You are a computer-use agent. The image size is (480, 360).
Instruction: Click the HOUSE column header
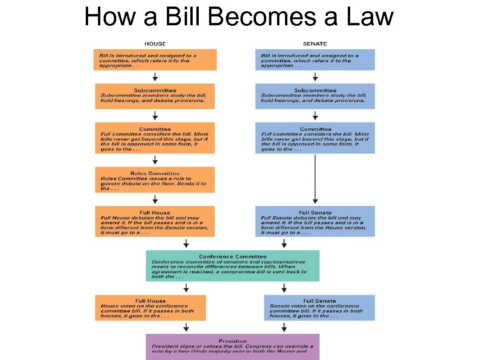click(x=155, y=44)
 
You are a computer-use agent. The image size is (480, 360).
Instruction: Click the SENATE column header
click(x=315, y=44)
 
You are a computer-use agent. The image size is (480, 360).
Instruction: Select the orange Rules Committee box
click(x=155, y=180)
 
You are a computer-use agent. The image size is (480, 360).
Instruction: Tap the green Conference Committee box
click(x=232, y=266)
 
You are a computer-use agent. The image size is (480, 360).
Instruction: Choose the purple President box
click(x=232, y=346)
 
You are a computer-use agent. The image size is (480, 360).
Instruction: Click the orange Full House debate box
click(x=155, y=221)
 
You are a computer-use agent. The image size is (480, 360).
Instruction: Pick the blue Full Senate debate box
click(x=315, y=221)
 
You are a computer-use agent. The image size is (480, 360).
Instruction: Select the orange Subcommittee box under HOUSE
click(x=155, y=96)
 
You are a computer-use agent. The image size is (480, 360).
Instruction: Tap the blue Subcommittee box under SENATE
click(x=315, y=96)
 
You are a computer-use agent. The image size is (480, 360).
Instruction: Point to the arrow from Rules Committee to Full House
click(x=155, y=199)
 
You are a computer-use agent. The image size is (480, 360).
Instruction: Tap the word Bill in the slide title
click(x=183, y=17)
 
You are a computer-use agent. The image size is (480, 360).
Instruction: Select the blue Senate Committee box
click(x=315, y=138)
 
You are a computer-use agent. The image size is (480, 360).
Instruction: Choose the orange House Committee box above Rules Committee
click(x=155, y=138)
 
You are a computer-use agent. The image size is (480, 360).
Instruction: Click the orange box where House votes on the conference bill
click(x=150, y=308)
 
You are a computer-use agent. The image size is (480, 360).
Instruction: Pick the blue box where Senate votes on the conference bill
click(x=319, y=308)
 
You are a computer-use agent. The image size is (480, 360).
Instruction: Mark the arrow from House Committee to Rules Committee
click(x=155, y=160)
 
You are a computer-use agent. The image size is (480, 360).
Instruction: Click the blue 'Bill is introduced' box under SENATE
click(x=315, y=60)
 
